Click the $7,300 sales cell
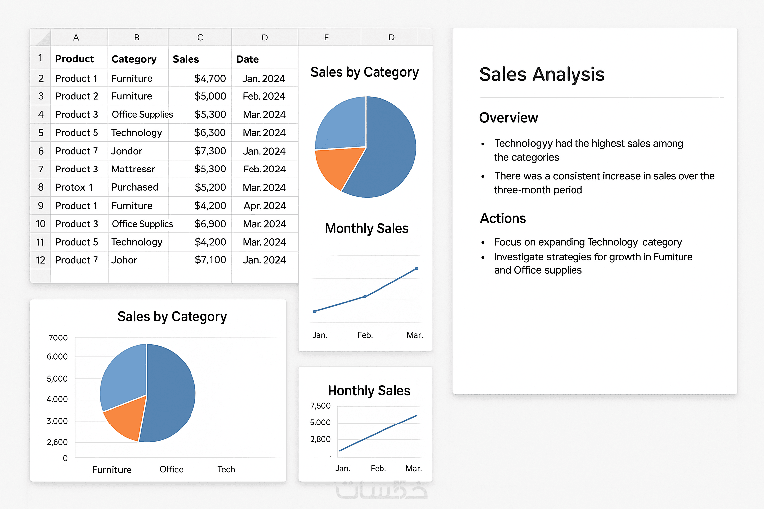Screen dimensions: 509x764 [x=210, y=151]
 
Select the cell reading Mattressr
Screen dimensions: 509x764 [x=133, y=169]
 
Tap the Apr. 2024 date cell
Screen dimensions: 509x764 [x=264, y=206]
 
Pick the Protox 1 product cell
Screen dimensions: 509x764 [x=74, y=187]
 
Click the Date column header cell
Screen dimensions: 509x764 [x=247, y=59]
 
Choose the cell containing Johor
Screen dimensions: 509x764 [x=124, y=260]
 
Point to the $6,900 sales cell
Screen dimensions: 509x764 [x=210, y=224]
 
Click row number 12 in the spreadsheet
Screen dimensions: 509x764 [x=40, y=260]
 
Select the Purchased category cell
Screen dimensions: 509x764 [x=135, y=187]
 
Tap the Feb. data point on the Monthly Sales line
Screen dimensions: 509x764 [x=365, y=297]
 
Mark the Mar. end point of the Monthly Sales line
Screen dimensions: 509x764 [x=416, y=269]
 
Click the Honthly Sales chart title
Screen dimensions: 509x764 [x=369, y=391]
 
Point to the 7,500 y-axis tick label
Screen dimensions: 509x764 [x=320, y=406]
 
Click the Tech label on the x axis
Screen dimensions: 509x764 [x=226, y=469]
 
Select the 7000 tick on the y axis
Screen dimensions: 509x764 [x=58, y=338]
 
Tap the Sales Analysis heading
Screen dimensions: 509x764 [x=542, y=74]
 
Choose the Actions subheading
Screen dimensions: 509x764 [x=503, y=218]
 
